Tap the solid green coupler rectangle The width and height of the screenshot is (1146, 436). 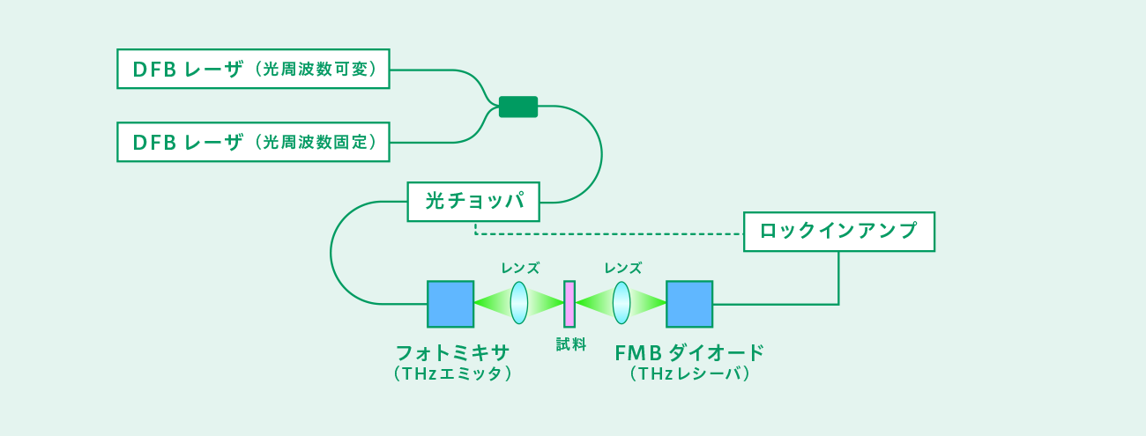[518, 107]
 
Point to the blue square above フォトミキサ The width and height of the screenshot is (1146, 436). [450, 304]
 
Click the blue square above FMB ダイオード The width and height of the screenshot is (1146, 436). [689, 304]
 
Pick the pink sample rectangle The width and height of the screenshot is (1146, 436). [569, 304]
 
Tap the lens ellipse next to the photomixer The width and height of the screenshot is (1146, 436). [518, 303]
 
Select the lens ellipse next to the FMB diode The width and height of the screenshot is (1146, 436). [621, 303]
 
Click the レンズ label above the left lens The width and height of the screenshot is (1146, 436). [520, 268]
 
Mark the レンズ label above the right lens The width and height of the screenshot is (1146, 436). [622, 268]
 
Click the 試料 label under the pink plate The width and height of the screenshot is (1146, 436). [571, 344]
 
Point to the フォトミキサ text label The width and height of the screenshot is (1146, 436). [453, 353]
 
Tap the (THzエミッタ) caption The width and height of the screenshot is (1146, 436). [453, 374]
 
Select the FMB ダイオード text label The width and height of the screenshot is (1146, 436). [689, 353]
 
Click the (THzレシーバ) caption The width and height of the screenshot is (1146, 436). [689, 374]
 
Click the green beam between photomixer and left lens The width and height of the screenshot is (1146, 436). [492, 303]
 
